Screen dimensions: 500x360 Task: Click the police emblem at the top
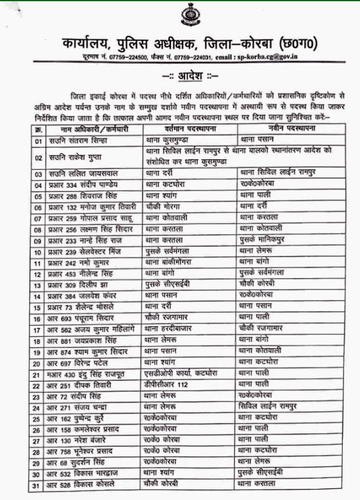click(x=187, y=15)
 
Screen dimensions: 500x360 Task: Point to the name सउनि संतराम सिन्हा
click(x=78, y=140)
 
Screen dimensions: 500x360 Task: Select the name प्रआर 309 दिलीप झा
click(x=78, y=285)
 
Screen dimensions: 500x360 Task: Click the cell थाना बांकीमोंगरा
click(x=171, y=262)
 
